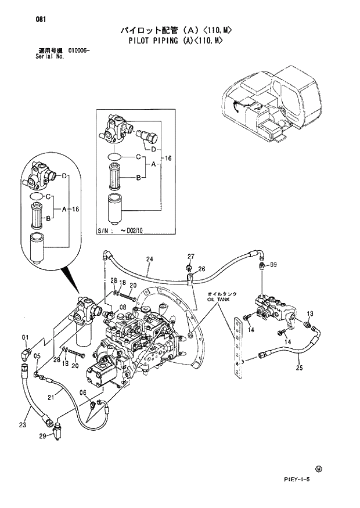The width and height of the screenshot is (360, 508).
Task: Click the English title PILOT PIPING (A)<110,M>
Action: point(175,41)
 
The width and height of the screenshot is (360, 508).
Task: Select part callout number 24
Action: point(149,259)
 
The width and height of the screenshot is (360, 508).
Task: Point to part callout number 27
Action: point(190,256)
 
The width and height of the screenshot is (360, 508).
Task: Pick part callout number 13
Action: point(309,314)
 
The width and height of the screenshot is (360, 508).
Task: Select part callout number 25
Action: point(299,368)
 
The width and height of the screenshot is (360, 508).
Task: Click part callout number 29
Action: point(42,435)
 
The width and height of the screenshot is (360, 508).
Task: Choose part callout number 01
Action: point(25,337)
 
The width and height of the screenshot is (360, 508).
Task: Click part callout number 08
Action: point(123,307)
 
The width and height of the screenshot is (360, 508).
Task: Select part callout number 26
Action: point(201,269)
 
